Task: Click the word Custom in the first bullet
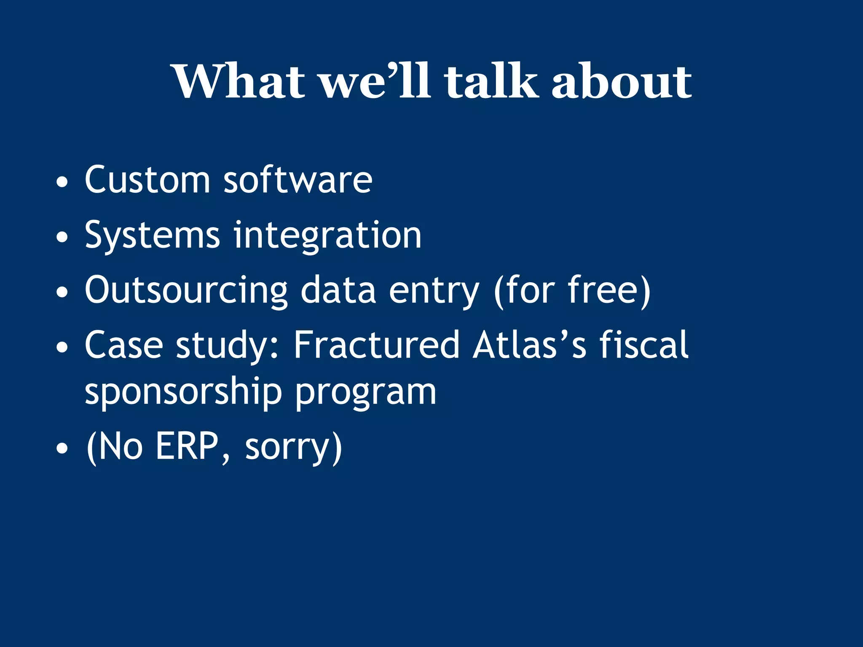pyautogui.click(x=147, y=180)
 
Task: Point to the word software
pyautogui.click(x=297, y=180)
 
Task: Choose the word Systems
pyautogui.click(x=152, y=235)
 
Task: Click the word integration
pyautogui.click(x=327, y=235)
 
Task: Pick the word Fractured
pyautogui.click(x=376, y=345)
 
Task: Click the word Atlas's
pyautogui.click(x=529, y=345)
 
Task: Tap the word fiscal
pyautogui.click(x=644, y=345)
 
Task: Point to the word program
pyautogui.click(x=365, y=392)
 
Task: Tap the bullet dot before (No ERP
pyautogui.click(x=62, y=449)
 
